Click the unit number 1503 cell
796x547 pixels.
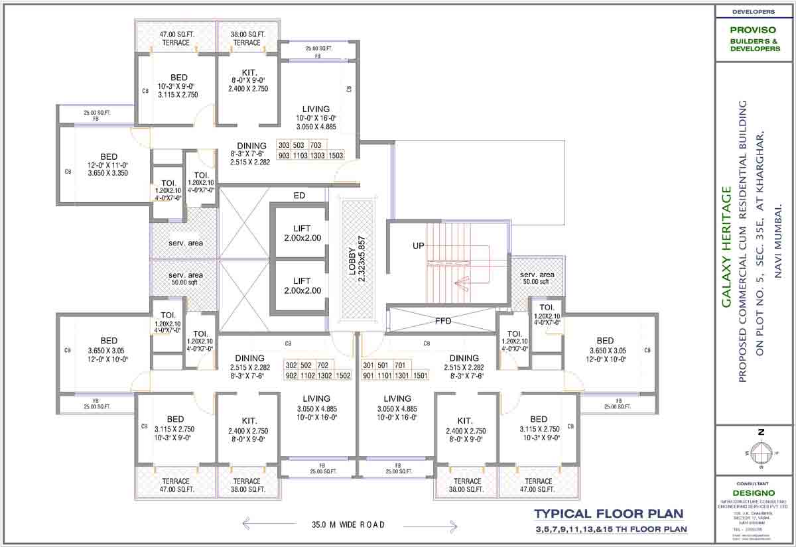(336, 155)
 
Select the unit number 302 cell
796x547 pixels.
(291, 365)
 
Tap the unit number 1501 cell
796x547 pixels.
(420, 376)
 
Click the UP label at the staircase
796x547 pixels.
(419, 245)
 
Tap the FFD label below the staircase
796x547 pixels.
(443, 321)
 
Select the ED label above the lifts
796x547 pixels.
(299, 196)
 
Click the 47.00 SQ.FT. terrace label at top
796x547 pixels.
(176, 38)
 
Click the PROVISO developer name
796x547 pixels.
(754, 30)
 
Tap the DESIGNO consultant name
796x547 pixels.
(754, 494)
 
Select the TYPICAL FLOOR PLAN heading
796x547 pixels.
(607, 514)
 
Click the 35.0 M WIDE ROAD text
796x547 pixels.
(348, 524)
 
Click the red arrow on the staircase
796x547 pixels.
(461, 282)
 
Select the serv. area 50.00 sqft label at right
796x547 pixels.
(537, 278)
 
